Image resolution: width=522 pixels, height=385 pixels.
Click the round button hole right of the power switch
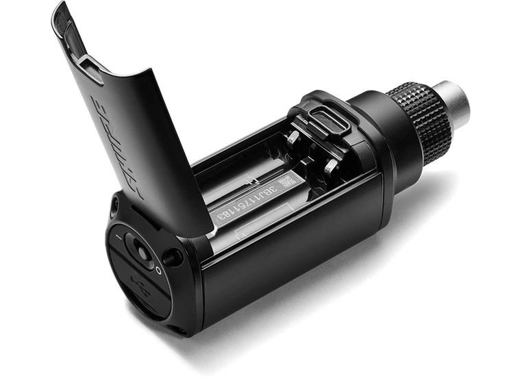click(x=172, y=258)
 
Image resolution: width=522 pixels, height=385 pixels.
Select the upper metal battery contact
click(x=293, y=137)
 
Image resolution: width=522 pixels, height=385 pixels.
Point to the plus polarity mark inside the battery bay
click(x=253, y=181)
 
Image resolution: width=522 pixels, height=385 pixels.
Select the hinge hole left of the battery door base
click(x=113, y=206)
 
